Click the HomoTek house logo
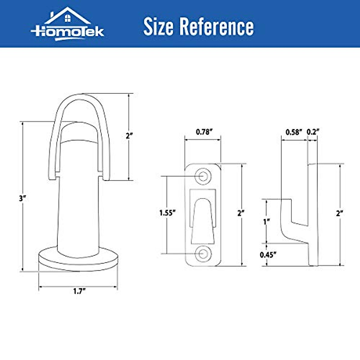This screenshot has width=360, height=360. click(x=67, y=24)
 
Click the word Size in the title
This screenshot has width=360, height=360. click(x=158, y=26)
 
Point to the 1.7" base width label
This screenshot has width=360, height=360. click(x=79, y=291)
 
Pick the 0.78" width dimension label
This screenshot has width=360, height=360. click(x=204, y=132)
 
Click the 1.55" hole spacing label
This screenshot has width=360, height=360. click(x=167, y=213)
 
